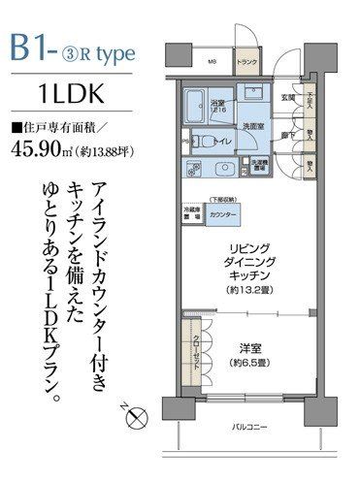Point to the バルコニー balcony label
coord(250,427)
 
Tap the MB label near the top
coord(212,65)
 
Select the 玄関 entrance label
coord(288,97)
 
